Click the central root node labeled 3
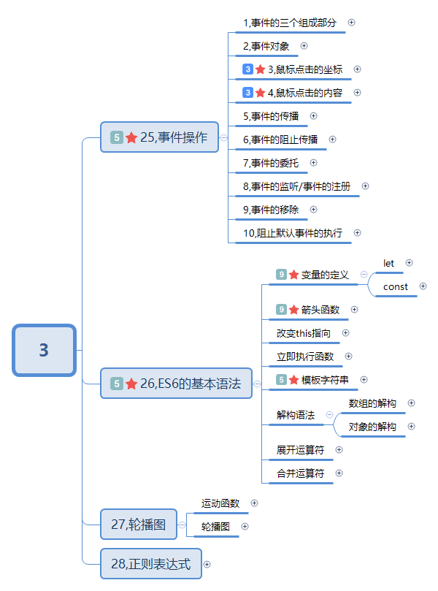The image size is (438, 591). (44, 350)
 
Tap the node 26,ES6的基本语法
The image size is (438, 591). (176, 384)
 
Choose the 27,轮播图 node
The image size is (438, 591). (139, 524)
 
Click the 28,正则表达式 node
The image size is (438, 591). (151, 564)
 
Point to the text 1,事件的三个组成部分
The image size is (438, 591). (291, 23)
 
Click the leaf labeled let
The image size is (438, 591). (388, 263)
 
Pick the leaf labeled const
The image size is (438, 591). (396, 287)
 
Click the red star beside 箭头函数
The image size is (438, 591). (293, 310)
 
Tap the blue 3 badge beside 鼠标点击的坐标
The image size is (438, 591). (248, 69)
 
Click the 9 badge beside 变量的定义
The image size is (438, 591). (281, 275)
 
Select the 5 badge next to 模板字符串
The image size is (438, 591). (281, 380)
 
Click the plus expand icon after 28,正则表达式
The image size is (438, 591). (207, 564)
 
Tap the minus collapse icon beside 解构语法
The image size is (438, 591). (328, 414)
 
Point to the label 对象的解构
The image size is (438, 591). (372, 427)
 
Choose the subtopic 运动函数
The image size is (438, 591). (220, 503)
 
